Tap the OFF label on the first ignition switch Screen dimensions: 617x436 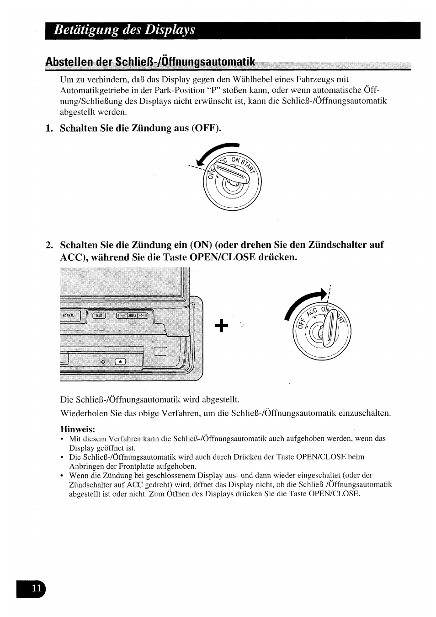[211, 173]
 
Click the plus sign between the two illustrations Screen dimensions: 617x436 [220, 326]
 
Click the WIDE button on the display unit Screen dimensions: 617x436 [99, 316]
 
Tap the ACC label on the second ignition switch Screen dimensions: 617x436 [312, 313]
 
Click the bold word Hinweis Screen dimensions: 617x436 [78, 429]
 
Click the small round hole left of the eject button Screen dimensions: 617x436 [103, 362]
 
